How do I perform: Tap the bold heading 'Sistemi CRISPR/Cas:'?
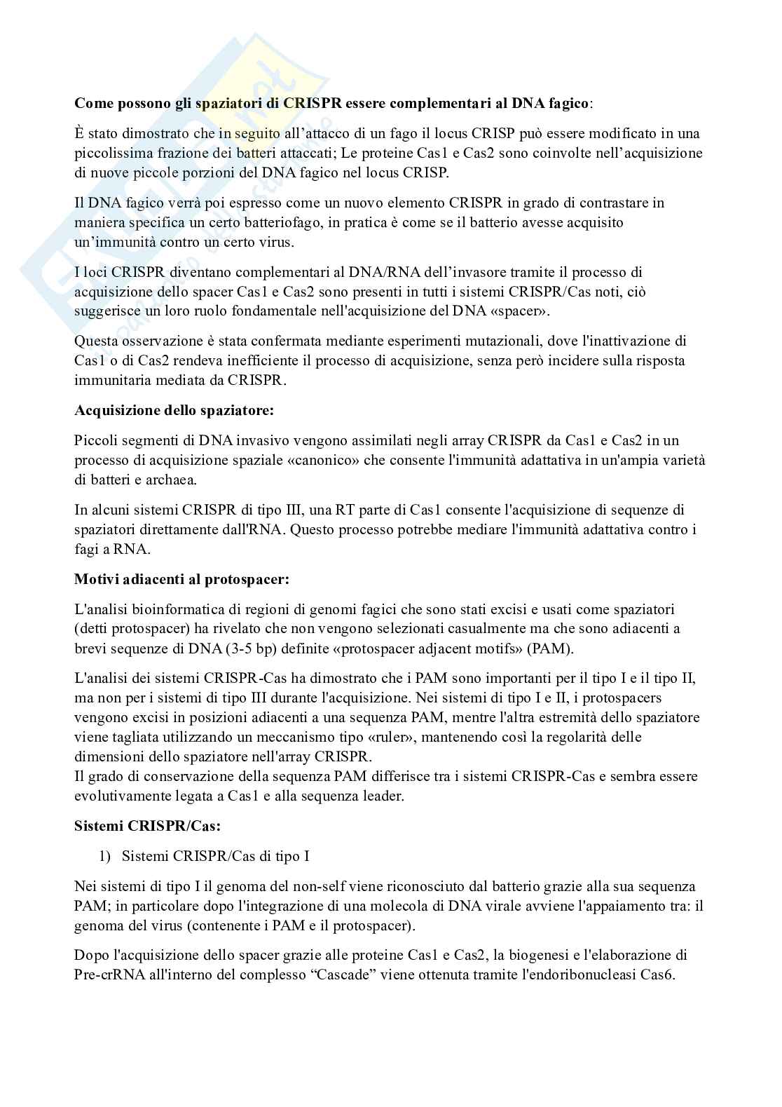[147, 826]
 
